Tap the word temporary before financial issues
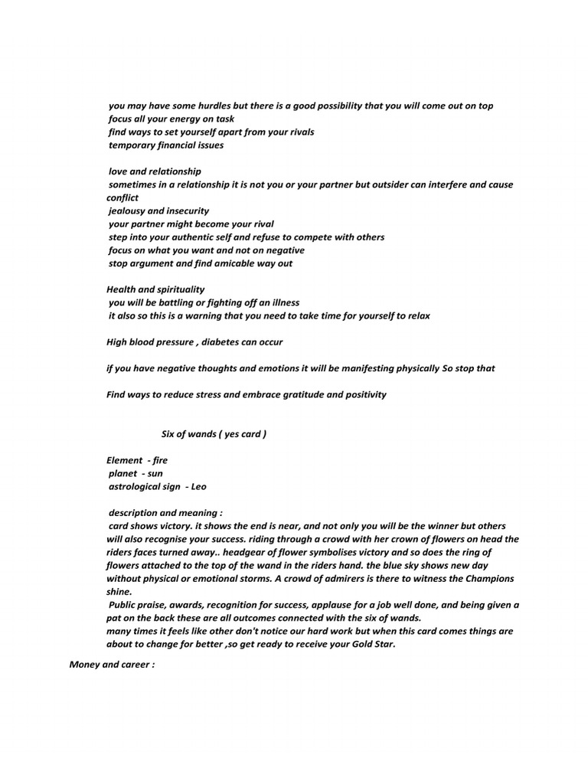[133, 145]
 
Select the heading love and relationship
[155, 171]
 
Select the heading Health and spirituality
[155, 289]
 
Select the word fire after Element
[160, 460]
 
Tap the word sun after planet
[155, 473]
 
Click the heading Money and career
[112, 665]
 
